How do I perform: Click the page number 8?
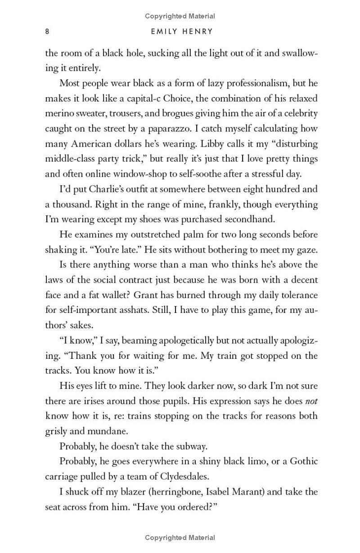pos(47,32)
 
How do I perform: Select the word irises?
pos(85,401)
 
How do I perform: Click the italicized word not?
pos(311,401)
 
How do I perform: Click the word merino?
pos(60,113)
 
